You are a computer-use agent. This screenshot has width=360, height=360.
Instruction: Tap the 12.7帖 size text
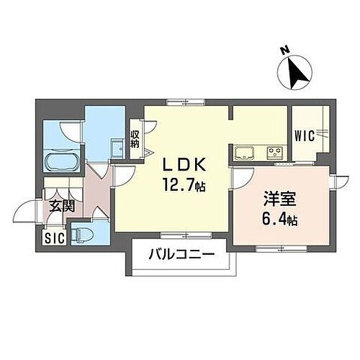coord(183,186)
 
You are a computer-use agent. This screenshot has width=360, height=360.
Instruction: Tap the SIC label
coord(53,238)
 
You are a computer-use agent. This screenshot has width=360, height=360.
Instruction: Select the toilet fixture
coord(85,234)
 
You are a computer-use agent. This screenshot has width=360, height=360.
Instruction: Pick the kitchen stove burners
coord(274,153)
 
